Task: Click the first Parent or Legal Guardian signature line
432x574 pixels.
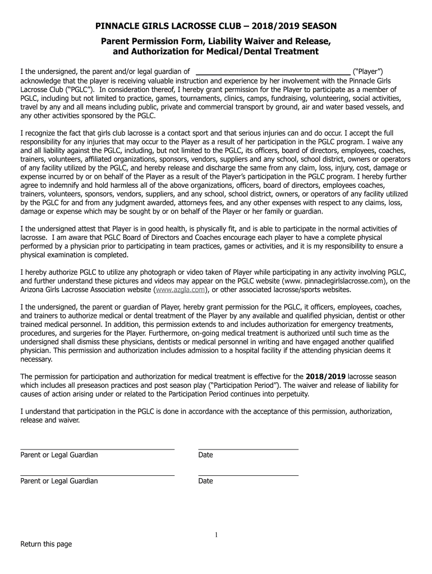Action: click(97, 448)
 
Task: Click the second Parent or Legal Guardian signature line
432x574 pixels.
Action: click(97, 475)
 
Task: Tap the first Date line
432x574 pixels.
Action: click(248, 448)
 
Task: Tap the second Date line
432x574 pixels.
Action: click(248, 475)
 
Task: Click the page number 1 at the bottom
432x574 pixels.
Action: click(216, 535)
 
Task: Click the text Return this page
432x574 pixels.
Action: click(46, 544)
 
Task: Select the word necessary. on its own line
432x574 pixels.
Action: click(36, 359)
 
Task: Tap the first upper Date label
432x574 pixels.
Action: click(205, 455)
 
